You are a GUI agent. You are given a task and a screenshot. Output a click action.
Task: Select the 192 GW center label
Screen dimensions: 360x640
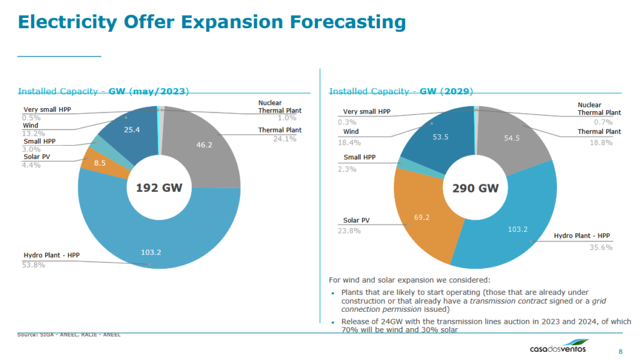(159, 187)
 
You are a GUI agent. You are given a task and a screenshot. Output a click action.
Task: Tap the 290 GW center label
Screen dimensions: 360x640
(475, 187)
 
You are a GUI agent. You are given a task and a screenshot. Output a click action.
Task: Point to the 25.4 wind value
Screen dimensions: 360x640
(132, 130)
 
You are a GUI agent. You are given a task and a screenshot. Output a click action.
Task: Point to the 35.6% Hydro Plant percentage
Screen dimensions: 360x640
(601, 247)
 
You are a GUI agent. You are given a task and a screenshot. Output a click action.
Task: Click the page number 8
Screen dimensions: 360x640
(620, 350)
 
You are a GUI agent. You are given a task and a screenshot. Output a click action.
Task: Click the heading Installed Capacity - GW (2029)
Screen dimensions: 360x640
(401, 91)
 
